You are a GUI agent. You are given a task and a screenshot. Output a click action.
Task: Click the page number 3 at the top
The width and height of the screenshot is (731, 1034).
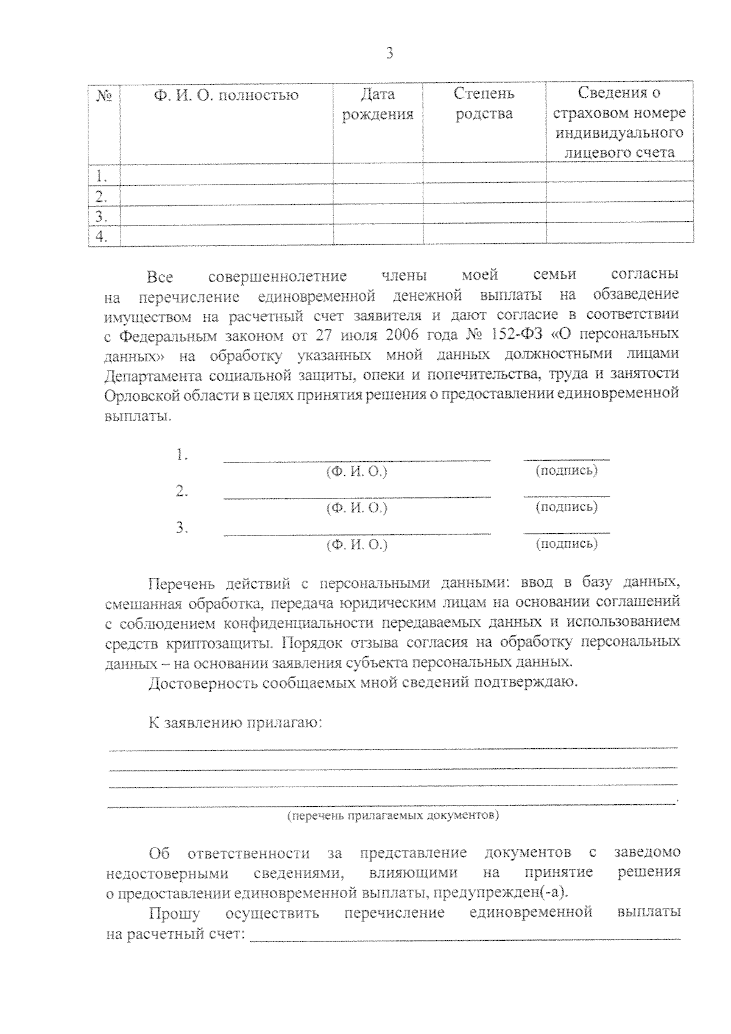[390, 54]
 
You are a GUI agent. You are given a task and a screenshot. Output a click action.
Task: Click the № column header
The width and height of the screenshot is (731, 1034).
[104, 96]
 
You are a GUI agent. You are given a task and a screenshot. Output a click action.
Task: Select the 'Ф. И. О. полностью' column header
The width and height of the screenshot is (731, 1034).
[226, 96]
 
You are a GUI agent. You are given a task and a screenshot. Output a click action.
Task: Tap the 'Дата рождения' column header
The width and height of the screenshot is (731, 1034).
[378, 104]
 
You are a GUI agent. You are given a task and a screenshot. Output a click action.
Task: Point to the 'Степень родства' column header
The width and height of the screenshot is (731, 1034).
[484, 104]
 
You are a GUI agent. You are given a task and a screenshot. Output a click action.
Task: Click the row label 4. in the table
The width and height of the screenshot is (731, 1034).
[102, 237]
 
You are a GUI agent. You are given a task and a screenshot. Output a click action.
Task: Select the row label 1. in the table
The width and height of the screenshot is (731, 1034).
[102, 177]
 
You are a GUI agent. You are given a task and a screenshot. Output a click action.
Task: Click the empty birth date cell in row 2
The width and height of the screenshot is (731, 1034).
[378, 196]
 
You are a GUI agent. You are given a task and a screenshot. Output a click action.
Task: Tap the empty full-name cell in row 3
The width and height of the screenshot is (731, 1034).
[226, 216]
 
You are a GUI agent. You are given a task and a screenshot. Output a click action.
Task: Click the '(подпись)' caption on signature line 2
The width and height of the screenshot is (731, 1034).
[566, 507]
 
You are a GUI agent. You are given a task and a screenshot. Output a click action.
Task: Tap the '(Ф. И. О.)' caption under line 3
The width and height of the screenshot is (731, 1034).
[357, 544]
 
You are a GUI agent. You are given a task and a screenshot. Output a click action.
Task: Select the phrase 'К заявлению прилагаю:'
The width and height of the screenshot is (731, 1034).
[235, 723]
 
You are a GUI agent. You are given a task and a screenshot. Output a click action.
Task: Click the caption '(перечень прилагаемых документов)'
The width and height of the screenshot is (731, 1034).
[393, 815]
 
